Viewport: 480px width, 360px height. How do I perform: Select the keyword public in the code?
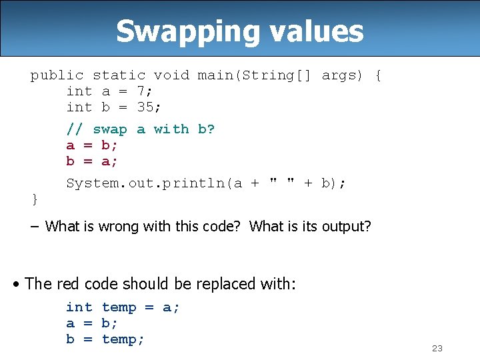pyautogui.click(x=57, y=75)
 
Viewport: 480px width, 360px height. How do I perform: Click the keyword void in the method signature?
pyautogui.click(x=171, y=75)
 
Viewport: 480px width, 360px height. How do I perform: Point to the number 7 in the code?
pyautogui.click(x=141, y=91)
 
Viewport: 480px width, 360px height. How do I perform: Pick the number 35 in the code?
pyautogui.click(x=145, y=107)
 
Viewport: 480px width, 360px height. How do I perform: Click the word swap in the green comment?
pyautogui.click(x=110, y=129)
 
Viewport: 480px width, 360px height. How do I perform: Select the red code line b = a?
pyautogui.click(x=91, y=161)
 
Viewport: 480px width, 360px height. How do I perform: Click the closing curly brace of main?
pyautogui.click(x=35, y=199)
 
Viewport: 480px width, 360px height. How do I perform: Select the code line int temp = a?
pyautogui.click(x=123, y=307)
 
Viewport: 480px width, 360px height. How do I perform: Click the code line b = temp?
pyautogui.click(x=105, y=339)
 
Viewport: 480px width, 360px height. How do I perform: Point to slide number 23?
pyautogui.click(x=437, y=349)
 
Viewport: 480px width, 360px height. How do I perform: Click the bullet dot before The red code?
pyautogui.click(x=16, y=285)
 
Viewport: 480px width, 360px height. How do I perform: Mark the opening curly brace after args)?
pyautogui.click(x=378, y=75)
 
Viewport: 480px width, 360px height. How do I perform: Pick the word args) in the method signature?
pyautogui.click(x=342, y=75)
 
